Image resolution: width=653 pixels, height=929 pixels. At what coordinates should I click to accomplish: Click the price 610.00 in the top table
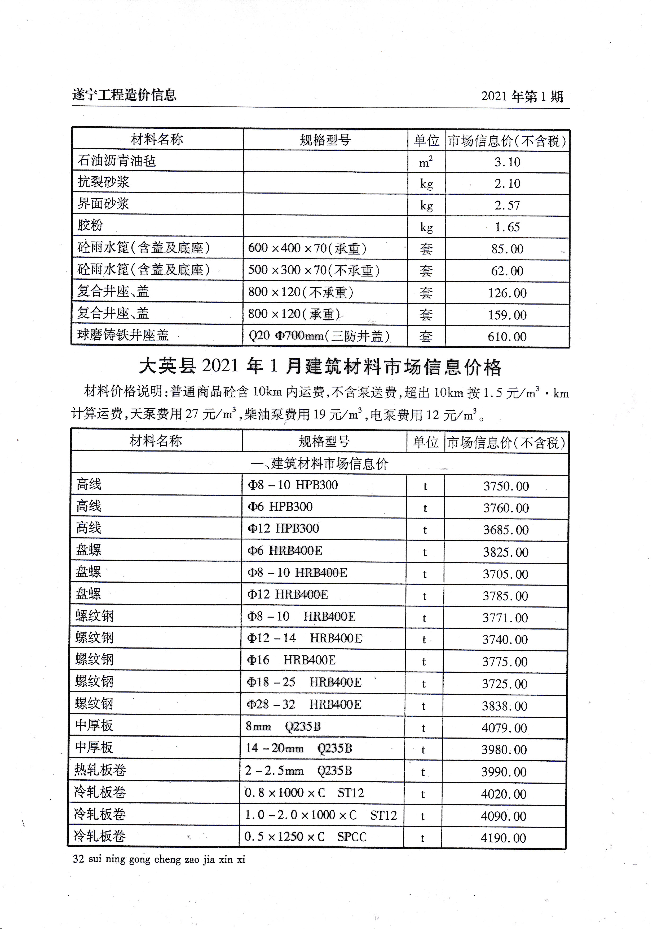[x=507, y=337]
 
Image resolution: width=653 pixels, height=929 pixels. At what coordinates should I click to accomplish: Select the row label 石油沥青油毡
[x=117, y=161]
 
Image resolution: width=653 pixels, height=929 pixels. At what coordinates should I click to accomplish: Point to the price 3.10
[x=507, y=162]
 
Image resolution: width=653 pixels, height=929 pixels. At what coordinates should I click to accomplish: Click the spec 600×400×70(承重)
[x=307, y=248]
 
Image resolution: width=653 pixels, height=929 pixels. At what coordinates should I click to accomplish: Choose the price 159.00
[x=507, y=315]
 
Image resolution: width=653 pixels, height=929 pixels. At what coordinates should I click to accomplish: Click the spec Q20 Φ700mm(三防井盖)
[x=319, y=336]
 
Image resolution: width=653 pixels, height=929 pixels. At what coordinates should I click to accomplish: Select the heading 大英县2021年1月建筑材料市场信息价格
[x=320, y=367]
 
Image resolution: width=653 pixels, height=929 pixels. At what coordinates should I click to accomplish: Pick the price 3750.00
[x=506, y=486]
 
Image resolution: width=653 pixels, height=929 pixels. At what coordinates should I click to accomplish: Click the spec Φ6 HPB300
[x=280, y=507]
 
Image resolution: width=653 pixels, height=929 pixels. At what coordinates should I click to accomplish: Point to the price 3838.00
[x=504, y=706]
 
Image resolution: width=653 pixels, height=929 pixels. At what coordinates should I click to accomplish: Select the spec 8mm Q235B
[x=283, y=727]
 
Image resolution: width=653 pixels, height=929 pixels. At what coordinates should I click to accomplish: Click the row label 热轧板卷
[x=100, y=770]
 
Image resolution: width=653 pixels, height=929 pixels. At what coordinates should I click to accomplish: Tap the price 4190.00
[x=503, y=838]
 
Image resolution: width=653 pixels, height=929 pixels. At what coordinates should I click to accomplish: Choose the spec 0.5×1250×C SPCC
[x=305, y=837]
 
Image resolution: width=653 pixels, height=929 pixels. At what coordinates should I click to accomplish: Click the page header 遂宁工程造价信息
[x=124, y=95]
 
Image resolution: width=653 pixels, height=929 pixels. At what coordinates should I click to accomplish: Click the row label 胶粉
[x=90, y=225]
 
